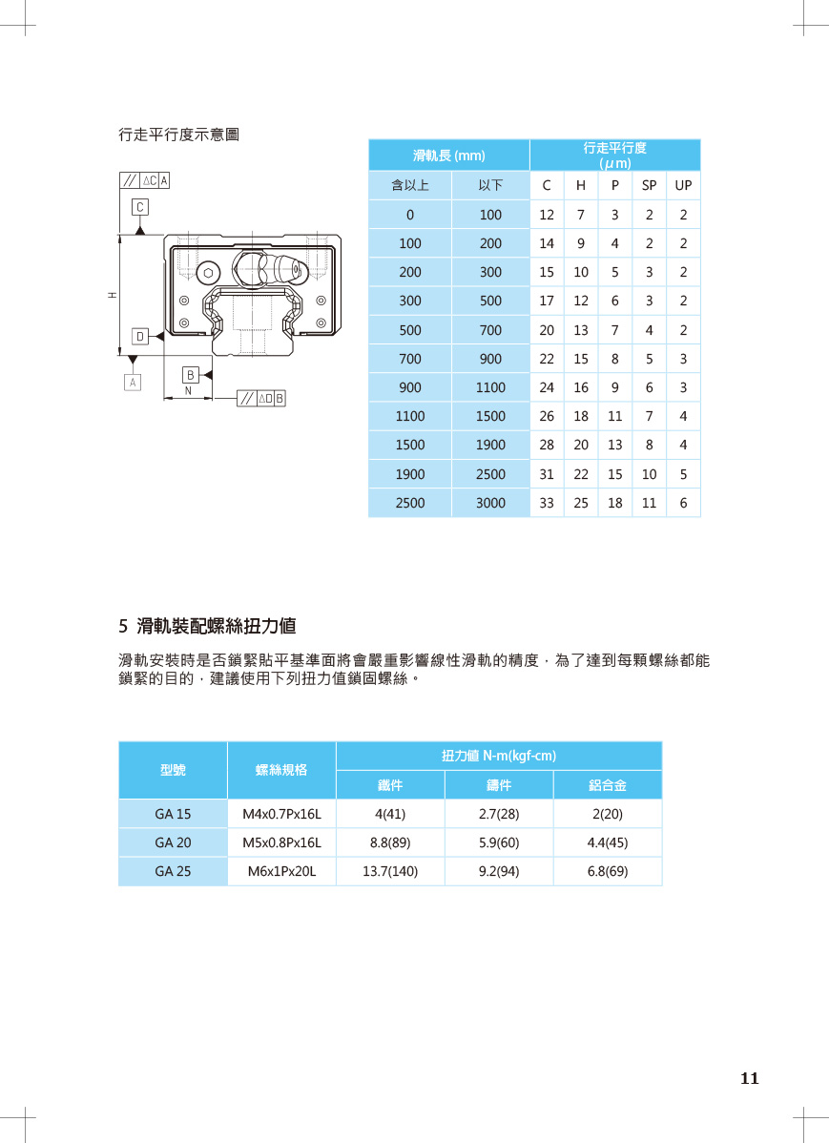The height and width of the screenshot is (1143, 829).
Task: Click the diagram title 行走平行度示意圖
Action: point(178,135)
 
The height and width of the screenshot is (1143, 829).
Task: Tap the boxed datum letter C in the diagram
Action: point(140,206)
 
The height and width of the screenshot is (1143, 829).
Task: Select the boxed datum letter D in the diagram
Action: point(140,336)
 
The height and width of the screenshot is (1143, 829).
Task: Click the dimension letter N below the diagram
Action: point(188,391)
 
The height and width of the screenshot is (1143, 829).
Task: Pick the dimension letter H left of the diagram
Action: point(112,295)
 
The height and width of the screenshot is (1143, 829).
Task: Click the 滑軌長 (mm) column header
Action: point(448,156)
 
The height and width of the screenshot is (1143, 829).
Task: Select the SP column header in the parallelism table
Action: point(649,185)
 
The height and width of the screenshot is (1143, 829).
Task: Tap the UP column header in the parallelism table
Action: point(683,185)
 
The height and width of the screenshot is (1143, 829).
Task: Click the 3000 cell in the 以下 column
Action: point(490,503)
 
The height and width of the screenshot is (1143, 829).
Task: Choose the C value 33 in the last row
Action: point(547,503)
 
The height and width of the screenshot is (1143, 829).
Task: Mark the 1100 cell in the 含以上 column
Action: point(410,417)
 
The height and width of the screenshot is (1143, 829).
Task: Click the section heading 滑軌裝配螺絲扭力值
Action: point(217,627)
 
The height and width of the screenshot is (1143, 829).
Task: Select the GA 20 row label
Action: point(173,842)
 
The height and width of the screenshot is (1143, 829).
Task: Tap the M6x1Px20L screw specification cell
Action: point(281,871)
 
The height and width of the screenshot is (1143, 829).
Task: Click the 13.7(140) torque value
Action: point(390,871)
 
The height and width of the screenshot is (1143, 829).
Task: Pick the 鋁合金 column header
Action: point(607,785)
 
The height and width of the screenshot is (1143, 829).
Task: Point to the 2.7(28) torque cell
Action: point(498,814)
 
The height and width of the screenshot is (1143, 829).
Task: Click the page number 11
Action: point(749,1079)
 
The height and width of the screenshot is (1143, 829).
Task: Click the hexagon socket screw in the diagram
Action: point(207,272)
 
